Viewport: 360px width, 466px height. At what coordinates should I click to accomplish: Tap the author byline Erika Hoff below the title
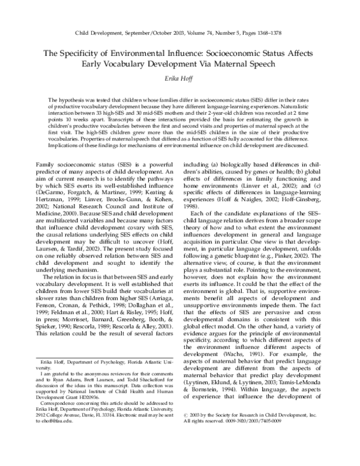180,79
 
